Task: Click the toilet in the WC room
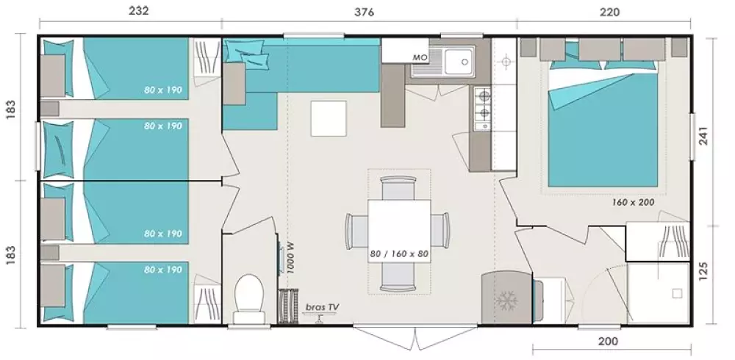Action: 248,298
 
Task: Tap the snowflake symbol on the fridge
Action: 506,300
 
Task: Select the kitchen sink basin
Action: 459,62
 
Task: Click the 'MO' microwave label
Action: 420,57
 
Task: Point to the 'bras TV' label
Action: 323,307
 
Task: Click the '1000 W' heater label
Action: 290,259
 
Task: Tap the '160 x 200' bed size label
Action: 633,203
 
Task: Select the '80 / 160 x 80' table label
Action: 399,254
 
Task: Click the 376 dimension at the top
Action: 365,12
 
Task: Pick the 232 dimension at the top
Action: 139,11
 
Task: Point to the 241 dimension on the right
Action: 704,136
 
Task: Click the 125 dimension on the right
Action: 704,272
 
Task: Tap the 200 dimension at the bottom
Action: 608,341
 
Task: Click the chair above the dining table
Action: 398,187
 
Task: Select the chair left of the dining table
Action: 356,231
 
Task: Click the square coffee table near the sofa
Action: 329,118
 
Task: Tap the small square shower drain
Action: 676,293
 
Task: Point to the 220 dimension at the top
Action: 609,12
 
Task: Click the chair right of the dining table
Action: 440,230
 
